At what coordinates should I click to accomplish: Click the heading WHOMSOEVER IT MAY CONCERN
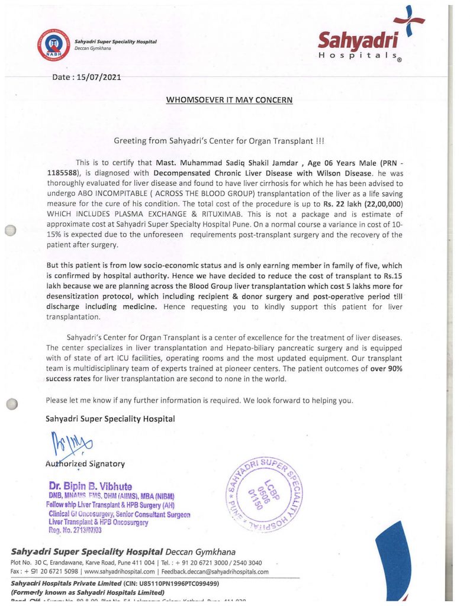(229, 100)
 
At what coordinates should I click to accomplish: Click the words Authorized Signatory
(85, 463)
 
